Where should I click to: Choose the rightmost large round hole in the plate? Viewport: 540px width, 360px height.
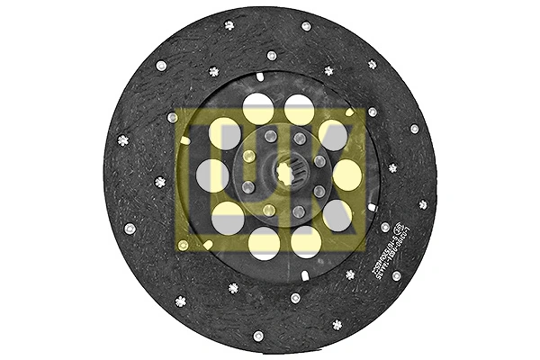(346, 174)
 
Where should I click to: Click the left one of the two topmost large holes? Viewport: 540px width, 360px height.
(258, 109)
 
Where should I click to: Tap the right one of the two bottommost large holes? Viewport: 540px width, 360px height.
(306, 240)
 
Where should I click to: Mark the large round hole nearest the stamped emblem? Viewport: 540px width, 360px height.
(337, 214)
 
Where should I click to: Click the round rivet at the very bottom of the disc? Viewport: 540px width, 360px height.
(258, 336)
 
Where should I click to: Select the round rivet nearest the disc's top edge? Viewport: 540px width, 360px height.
(306, 26)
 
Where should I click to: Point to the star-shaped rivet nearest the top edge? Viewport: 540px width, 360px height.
(229, 25)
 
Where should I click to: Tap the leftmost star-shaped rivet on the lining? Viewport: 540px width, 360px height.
(123, 139)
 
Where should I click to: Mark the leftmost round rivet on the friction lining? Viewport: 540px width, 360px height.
(130, 228)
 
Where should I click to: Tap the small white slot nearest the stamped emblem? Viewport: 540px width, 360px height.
(371, 208)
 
